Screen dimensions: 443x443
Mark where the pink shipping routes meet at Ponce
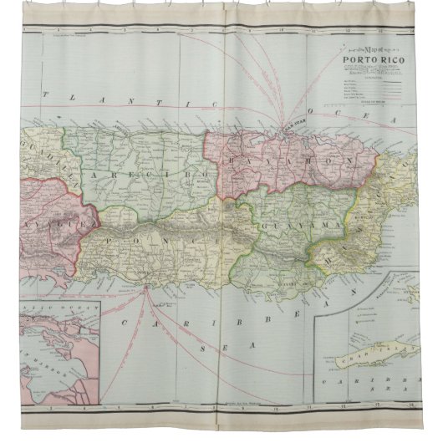[145, 289]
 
